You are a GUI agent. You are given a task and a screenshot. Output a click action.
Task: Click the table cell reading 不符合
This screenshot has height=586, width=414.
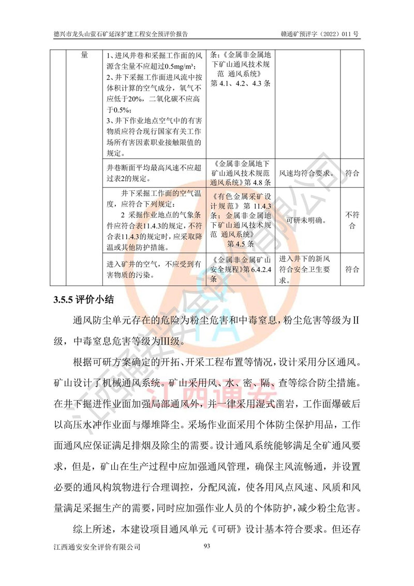click(x=352, y=220)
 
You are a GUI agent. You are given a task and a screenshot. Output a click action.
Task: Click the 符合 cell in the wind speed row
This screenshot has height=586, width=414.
click(x=352, y=173)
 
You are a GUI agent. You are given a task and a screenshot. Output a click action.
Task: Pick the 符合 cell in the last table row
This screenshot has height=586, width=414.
click(x=352, y=269)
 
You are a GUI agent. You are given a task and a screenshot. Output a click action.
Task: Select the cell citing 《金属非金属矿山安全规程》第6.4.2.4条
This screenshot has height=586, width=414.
click(x=242, y=269)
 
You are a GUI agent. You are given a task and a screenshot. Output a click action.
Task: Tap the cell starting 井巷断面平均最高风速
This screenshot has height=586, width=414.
click(x=154, y=173)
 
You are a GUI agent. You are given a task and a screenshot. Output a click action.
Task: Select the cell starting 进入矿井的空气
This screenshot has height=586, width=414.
click(x=154, y=269)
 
